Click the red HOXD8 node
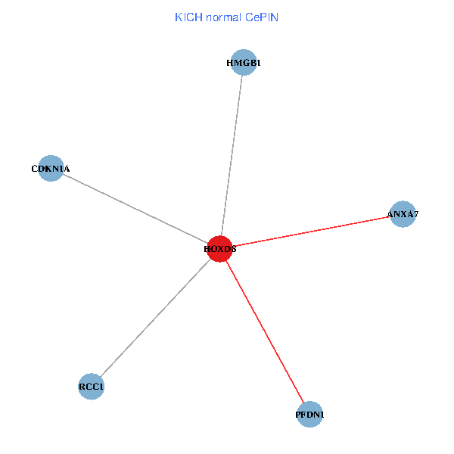219,249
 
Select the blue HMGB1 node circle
243,63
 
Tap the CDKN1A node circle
50,169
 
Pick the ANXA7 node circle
403,214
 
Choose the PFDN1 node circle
309,415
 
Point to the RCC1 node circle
91,387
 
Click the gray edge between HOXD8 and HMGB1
232,154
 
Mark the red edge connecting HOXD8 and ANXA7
310,232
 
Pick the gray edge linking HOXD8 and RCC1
155,318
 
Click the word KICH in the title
184,17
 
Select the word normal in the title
219,17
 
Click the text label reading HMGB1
243,63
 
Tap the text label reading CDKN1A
50,169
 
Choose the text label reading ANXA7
403,214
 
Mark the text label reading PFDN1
309,415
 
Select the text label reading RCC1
91,387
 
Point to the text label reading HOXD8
219,249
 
